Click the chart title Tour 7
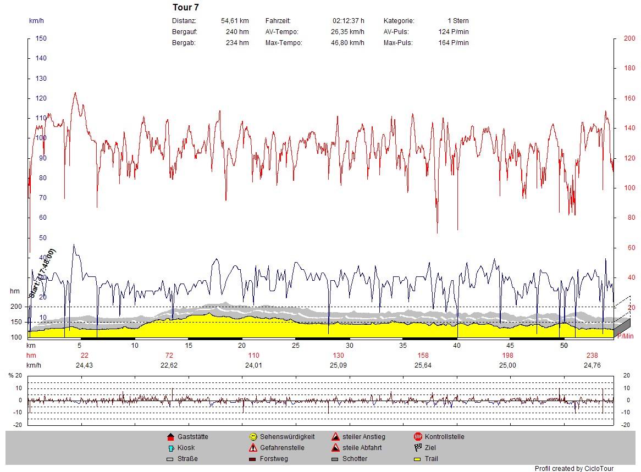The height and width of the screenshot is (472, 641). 186,8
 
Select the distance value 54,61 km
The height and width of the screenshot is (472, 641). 235,21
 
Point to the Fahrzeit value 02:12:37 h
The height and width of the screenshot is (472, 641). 348,21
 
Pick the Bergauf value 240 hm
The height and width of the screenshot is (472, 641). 237,32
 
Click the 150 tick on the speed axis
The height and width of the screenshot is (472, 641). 41,38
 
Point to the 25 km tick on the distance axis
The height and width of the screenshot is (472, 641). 296,346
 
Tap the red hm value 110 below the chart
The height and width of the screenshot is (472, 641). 253,356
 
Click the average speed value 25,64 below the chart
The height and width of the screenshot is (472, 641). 423,365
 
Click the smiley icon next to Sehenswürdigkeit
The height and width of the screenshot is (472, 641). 253,437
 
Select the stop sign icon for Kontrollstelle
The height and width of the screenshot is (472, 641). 418,437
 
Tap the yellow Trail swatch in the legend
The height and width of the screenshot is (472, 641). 418,459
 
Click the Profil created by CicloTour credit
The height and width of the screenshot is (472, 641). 574,469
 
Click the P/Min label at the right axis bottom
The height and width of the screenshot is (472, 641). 626,336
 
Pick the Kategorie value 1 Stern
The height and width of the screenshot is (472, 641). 458,21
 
